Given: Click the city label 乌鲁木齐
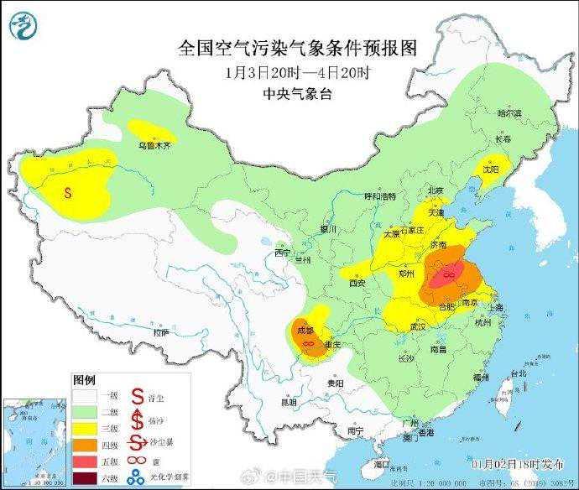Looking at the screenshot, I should click(x=154, y=145).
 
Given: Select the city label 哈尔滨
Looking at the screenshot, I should click(x=509, y=112).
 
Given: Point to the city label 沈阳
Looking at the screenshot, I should click(x=489, y=169).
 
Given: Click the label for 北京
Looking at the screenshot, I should click(x=434, y=190).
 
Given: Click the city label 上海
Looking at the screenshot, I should click(x=495, y=308).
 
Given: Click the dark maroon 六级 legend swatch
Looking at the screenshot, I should click(x=84, y=479).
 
